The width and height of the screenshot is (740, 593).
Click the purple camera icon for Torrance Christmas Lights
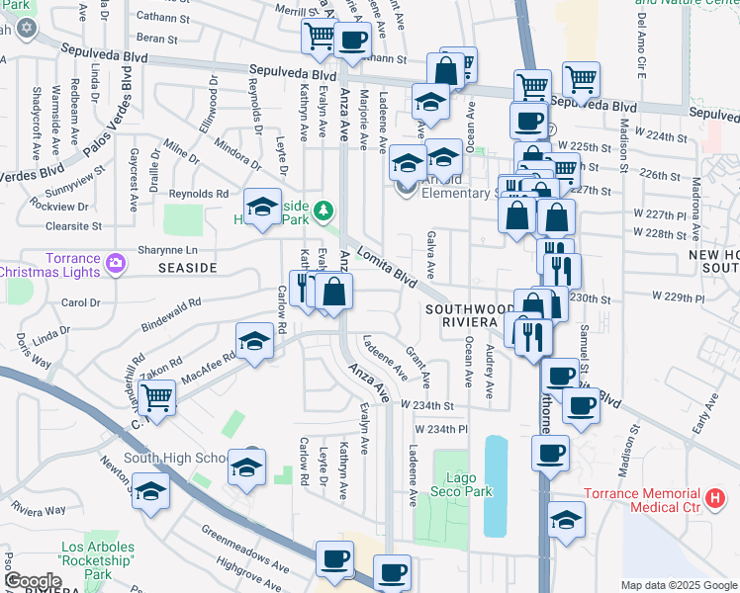tap(117, 263)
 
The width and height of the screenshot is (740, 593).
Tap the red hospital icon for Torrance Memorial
tap(717, 500)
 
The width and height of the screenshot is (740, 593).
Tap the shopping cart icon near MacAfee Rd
tap(157, 397)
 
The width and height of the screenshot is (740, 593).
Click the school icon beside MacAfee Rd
tap(254, 341)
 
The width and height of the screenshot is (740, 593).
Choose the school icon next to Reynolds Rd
tap(262, 206)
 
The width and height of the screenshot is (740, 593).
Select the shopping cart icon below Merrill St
tap(320, 38)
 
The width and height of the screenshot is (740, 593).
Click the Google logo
tap(34, 581)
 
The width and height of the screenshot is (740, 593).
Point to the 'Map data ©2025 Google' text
tap(678, 585)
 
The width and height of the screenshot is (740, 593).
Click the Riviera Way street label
tap(40, 511)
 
